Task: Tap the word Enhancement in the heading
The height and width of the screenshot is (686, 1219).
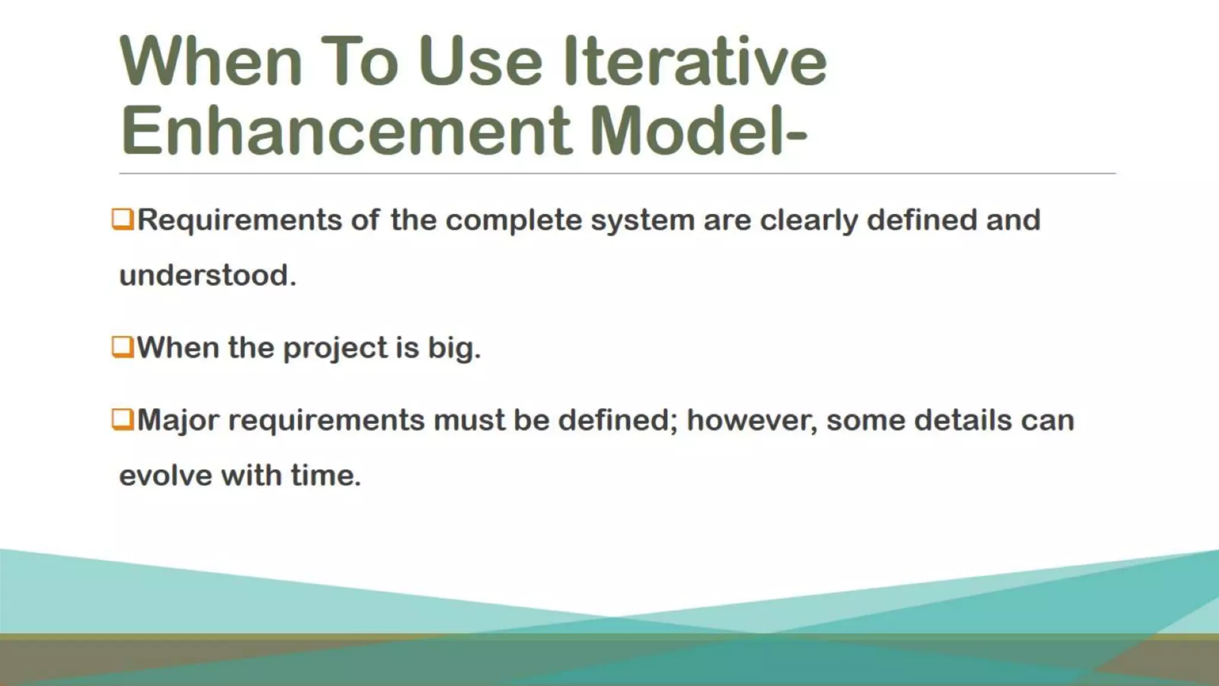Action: click(x=345, y=130)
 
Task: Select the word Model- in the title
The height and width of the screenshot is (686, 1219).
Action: click(x=699, y=130)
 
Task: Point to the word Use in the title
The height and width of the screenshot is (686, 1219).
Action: click(x=480, y=61)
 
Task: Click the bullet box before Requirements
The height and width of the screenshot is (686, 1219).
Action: click(x=122, y=219)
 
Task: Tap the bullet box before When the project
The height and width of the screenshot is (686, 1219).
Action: click(x=122, y=347)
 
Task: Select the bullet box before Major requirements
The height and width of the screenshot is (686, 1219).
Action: click(x=122, y=419)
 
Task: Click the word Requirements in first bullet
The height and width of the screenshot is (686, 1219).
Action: click(x=239, y=220)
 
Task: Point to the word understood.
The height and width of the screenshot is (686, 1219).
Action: click(x=207, y=276)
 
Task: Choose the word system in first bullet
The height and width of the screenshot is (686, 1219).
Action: click(x=642, y=220)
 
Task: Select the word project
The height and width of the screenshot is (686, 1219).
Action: click(x=335, y=348)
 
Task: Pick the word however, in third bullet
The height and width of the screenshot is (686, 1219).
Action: click(x=751, y=420)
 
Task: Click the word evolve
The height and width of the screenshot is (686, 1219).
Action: click(x=165, y=476)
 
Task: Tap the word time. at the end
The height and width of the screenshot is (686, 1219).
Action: click(x=326, y=476)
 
